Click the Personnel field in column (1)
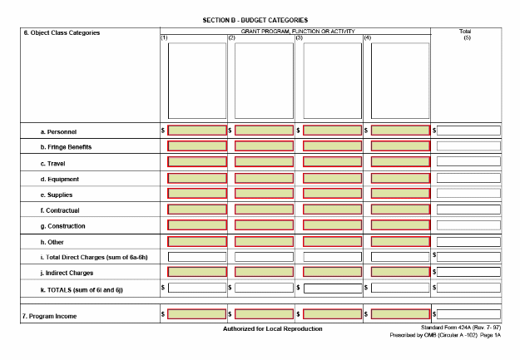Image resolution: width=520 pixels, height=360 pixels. (197, 131)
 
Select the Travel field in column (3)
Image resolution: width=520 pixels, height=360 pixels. (333, 162)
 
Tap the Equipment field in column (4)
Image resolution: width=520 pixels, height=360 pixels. (400, 178)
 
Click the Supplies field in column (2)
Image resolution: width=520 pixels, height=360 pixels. (265, 194)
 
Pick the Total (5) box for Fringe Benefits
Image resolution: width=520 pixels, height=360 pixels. (468, 146)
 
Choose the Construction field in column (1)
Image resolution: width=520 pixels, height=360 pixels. (197, 225)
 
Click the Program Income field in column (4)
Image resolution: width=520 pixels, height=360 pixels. (400, 314)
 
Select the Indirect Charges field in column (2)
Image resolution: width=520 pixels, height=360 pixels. (265, 272)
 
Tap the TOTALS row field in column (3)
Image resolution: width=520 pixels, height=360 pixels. (333, 288)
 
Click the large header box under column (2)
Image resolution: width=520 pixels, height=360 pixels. (265, 81)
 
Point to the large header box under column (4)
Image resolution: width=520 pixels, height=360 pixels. (400, 81)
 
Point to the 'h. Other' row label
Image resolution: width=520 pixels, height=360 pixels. (54, 242)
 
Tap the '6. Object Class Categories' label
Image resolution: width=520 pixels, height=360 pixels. (61, 33)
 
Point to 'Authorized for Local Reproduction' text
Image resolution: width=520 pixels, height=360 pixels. (272, 329)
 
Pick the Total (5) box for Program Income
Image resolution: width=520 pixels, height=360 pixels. (468, 314)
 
